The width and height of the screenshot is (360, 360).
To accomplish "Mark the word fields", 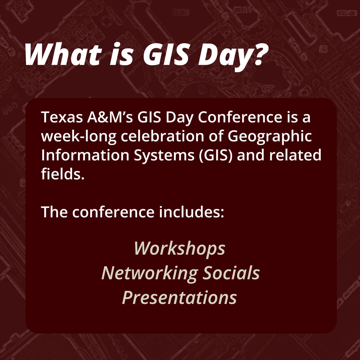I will (61, 174).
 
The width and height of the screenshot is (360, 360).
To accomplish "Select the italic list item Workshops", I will (179, 248).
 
